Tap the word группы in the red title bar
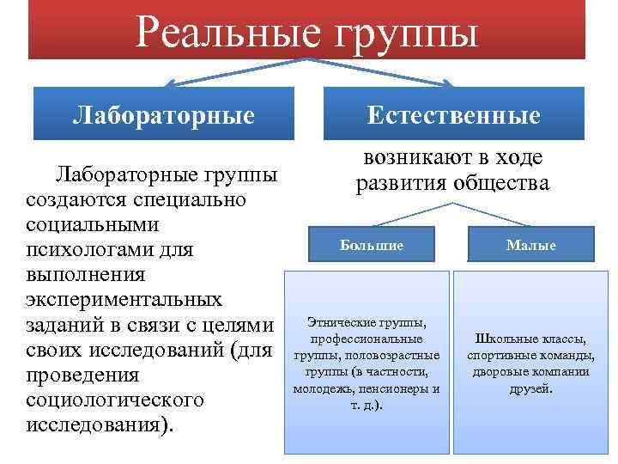(404, 34)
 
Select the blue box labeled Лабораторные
(164, 114)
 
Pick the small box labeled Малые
(530, 245)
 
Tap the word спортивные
(501, 355)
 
